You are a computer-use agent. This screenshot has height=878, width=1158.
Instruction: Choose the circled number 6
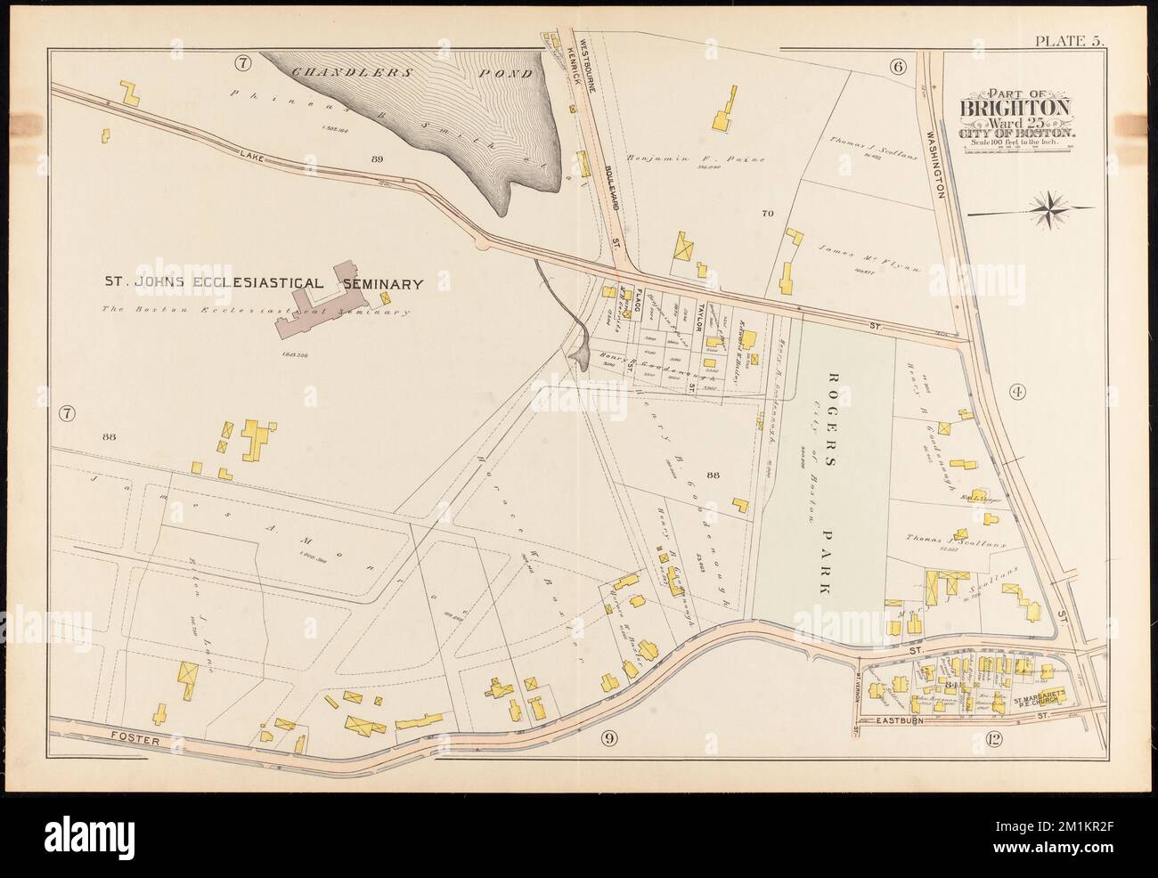[x=896, y=65]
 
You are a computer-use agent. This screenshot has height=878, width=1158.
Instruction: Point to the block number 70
[x=766, y=214]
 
